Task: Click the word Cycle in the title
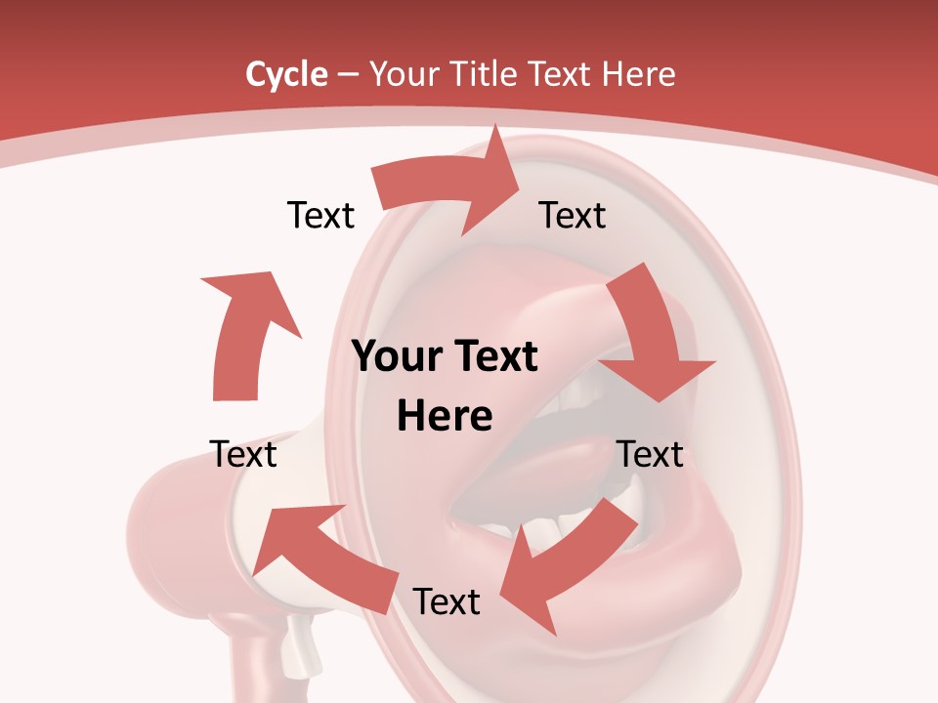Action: pos(286,74)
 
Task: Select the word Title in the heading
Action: pos(486,74)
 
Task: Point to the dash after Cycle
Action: pos(348,75)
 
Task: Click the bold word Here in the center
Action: pos(445,416)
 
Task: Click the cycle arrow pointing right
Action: pos(449,186)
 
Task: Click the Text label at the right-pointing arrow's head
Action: pos(573,215)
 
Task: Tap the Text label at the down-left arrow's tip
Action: pos(447,601)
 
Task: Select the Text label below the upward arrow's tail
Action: pos(243,454)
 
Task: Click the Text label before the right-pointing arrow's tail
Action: pos(320,215)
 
